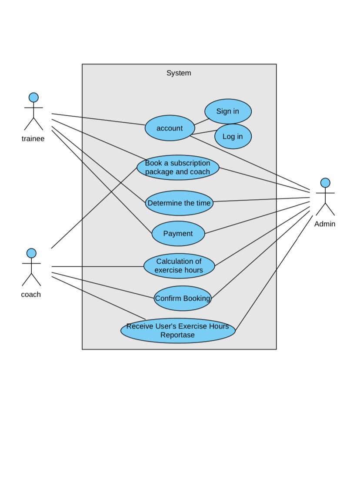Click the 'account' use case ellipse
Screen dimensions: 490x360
point(170,128)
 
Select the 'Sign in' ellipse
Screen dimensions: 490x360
point(228,111)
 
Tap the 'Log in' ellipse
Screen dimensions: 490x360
point(233,136)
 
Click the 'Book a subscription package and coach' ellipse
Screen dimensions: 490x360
point(177,168)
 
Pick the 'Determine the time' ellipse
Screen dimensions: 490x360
point(179,203)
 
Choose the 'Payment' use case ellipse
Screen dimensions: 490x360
point(178,234)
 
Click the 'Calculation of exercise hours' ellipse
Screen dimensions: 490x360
point(179,266)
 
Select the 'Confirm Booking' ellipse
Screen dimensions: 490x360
point(182,299)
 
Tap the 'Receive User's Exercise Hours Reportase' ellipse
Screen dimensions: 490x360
point(177,331)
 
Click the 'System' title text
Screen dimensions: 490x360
point(179,73)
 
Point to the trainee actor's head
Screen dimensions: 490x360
point(33,97)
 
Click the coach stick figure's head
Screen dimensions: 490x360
point(31,253)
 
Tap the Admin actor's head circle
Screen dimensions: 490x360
point(325,183)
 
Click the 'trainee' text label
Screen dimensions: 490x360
point(33,139)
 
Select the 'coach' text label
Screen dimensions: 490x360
point(31,295)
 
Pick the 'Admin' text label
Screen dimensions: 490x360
point(325,224)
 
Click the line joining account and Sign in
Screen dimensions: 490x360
point(201,121)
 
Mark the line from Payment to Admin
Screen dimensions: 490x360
point(257,218)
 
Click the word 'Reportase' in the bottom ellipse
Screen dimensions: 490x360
point(177,335)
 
